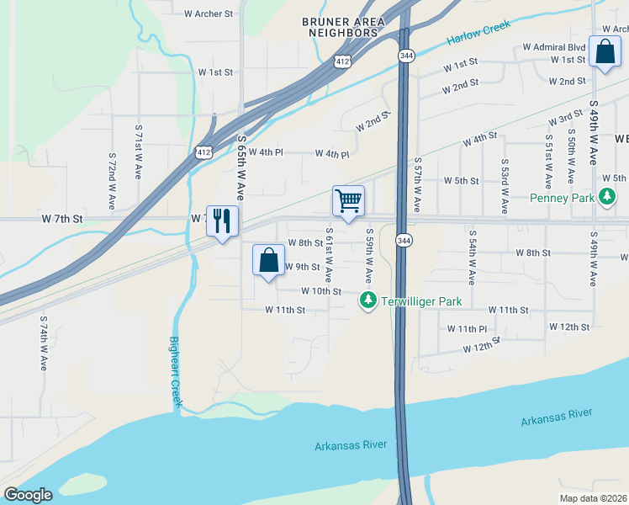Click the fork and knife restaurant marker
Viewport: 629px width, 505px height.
point(222,221)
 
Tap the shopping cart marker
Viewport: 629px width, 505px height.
point(348,201)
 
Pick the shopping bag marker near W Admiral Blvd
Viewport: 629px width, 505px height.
point(605,52)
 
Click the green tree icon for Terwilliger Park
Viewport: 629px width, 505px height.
point(367,300)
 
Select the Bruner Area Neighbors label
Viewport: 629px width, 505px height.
point(341,27)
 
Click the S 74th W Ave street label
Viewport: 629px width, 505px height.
point(43,343)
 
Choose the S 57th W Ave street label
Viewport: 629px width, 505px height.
point(417,183)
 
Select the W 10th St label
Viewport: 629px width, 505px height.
point(321,291)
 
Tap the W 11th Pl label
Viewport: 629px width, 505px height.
point(467,328)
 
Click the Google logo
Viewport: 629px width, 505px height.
point(28,495)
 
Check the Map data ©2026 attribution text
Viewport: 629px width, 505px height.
point(593,497)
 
